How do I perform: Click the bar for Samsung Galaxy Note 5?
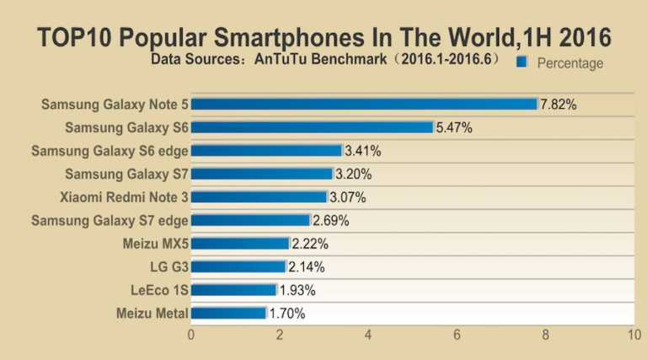(x=364, y=104)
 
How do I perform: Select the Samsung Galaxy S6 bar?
(x=312, y=127)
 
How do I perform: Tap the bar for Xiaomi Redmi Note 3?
(x=259, y=197)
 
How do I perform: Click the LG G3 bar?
(x=238, y=267)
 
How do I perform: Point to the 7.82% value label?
(x=559, y=104)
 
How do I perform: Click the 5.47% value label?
(x=455, y=127)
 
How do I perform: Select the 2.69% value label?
(x=332, y=221)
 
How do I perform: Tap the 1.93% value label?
(x=298, y=290)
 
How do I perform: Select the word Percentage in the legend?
(x=569, y=62)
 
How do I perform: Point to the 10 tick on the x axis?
(x=634, y=335)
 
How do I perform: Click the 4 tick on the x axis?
(x=368, y=335)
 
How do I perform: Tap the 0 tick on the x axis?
(x=191, y=335)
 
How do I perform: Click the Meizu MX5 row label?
(x=155, y=244)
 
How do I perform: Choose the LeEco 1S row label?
(x=158, y=290)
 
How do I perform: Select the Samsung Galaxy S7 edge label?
(x=110, y=221)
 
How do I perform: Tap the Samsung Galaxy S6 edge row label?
(x=110, y=151)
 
